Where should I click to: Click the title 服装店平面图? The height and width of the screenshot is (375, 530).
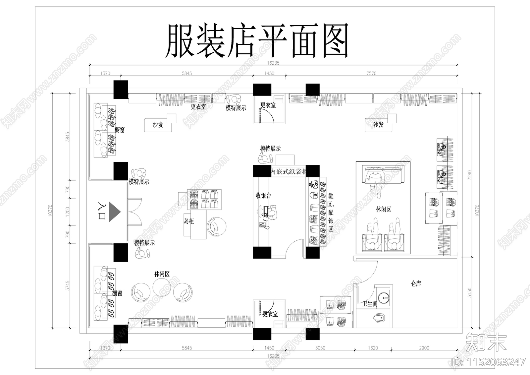[257, 41]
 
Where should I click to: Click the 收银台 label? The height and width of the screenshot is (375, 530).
[263, 196]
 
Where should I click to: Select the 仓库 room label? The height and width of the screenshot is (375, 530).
[416, 284]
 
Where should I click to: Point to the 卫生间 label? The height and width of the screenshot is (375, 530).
[370, 303]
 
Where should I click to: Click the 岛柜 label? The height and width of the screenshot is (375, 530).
[189, 221]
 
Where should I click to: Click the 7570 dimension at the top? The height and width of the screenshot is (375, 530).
[371, 73]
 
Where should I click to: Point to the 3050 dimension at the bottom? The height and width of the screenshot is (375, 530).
[320, 348]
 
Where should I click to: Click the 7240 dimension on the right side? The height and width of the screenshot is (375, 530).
[469, 175]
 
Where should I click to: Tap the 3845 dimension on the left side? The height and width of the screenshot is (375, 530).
[68, 137]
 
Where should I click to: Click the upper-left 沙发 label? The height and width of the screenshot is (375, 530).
[158, 125]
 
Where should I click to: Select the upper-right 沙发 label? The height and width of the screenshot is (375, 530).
[378, 125]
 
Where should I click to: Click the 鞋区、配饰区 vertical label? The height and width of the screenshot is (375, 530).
[331, 213]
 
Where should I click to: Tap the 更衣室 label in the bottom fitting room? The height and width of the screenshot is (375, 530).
[271, 314]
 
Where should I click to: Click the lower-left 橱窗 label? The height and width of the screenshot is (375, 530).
[117, 293]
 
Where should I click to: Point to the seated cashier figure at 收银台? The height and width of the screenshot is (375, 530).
[272, 211]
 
